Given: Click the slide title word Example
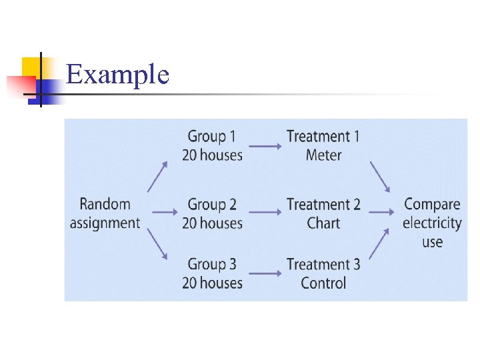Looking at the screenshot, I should click(x=118, y=75).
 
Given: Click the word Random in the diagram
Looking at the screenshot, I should click(x=105, y=204).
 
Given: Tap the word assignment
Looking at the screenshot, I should click(x=105, y=223).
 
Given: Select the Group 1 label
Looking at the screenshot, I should click(x=212, y=137).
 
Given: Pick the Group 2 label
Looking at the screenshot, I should click(x=212, y=204).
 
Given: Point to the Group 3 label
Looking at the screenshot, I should click(x=212, y=264).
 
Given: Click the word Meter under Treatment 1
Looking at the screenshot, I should click(x=323, y=155).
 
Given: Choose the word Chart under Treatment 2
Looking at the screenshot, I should click(x=323, y=223).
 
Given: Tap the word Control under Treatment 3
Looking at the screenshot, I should click(x=323, y=283).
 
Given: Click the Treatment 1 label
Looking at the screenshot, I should click(x=323, y=137).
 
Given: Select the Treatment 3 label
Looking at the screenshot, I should click(x=323, y=264).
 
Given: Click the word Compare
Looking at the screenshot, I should click(x=432, y=204).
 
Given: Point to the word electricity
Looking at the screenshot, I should click(x=432, y=223).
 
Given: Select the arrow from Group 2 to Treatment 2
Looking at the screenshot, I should click(x=265, y=213).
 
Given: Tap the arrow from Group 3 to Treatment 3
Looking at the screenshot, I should click(x=265, y=273).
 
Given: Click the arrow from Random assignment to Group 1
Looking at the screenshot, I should click(x=157, y=176).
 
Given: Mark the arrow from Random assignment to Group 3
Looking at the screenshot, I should click(x=157, y=245).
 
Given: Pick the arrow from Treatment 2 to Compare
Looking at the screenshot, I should click(x=382, y=213).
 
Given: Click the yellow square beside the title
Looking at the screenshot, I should click(x=31, y=67).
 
